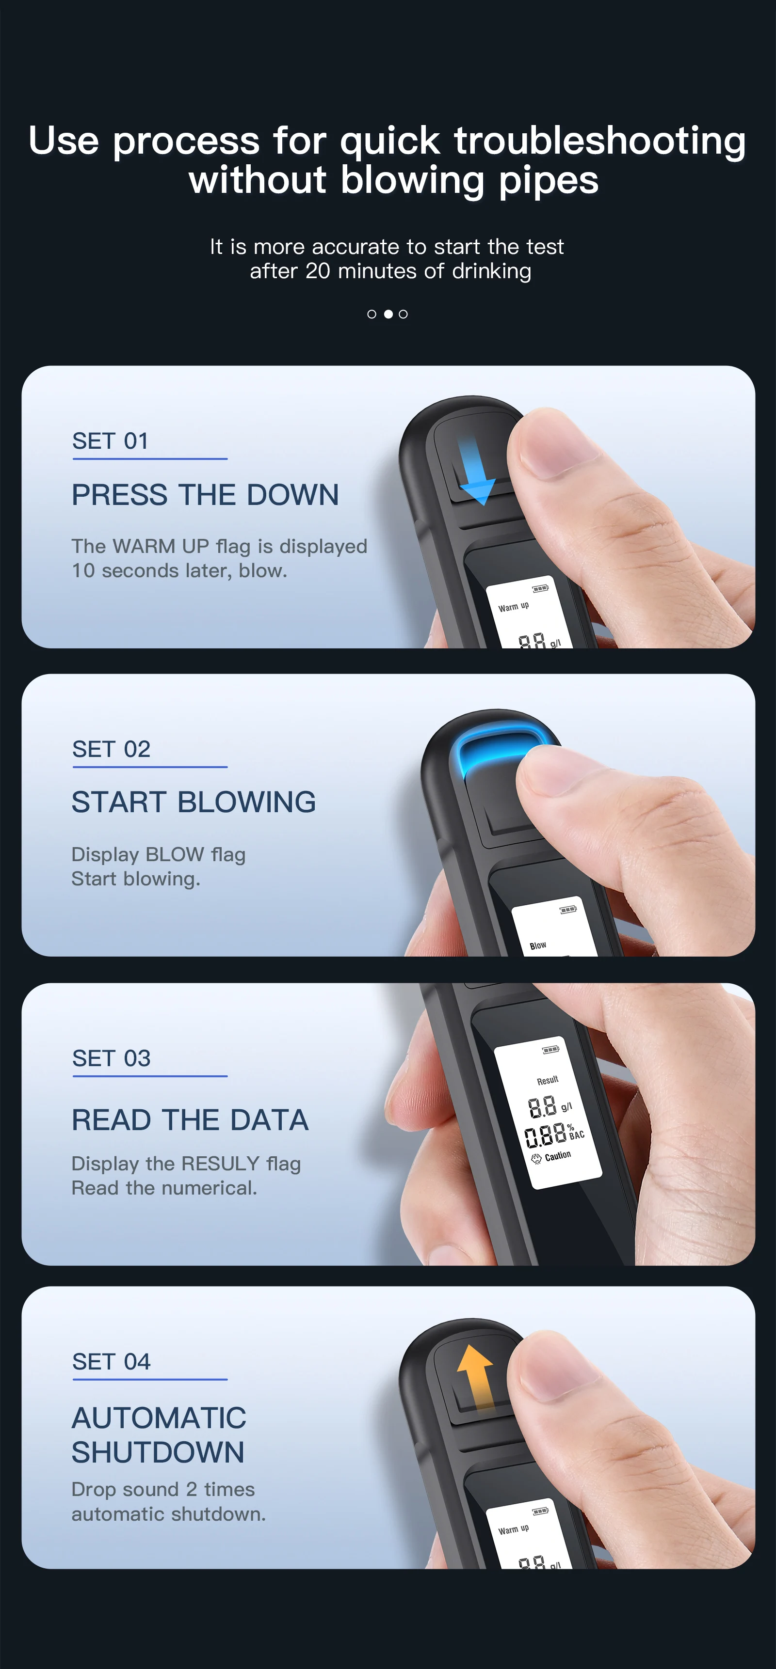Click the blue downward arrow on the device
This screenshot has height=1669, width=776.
point(477,471)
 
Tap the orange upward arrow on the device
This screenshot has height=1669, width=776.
point(475,1377)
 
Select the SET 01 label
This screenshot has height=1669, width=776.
point(110,441)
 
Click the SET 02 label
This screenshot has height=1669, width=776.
point(111,750)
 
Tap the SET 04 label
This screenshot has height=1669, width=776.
point(111,1362)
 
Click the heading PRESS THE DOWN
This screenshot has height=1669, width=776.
point(205,495)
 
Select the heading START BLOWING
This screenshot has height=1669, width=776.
point(193,802)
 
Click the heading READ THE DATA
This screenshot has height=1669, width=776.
point(190,1120)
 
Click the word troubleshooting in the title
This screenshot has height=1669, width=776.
point(599,141)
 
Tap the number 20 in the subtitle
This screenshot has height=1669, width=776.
point(318,271)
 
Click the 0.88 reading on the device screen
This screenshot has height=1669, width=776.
point(545,1135)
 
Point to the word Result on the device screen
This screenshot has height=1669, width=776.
point(547,1080)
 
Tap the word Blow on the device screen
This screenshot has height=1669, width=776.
point(537,946)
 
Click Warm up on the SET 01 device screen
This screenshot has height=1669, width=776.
point(513,606)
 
